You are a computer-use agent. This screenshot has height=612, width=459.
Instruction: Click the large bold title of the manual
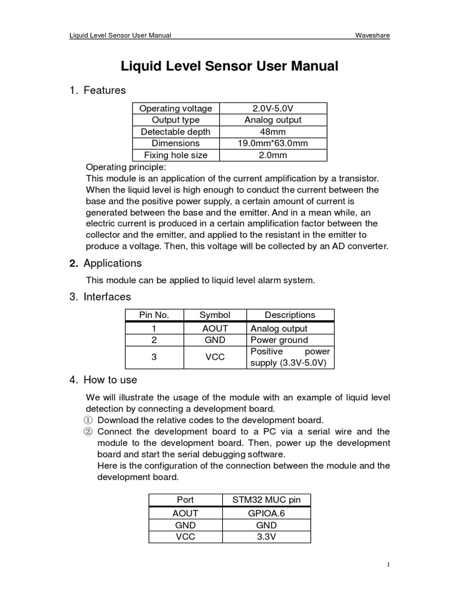229,66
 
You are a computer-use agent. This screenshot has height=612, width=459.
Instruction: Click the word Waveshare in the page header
372,35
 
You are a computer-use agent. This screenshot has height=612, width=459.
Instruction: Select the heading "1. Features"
98,91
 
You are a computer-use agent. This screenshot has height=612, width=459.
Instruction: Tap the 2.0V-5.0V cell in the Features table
273,108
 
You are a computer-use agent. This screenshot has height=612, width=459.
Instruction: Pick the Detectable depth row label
175,131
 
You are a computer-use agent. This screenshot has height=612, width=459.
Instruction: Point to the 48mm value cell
273,131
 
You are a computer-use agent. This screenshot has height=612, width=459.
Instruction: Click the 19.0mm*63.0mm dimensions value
273,143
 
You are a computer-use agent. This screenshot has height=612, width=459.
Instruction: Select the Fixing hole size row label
175,155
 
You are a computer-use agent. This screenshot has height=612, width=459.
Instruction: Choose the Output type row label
175,120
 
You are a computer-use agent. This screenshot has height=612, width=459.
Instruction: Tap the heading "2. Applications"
106,264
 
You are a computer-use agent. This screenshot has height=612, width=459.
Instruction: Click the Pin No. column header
154,315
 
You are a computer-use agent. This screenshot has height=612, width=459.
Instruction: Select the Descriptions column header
289,315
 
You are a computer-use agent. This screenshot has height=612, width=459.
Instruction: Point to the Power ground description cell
279,340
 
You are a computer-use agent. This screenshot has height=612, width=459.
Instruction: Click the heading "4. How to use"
103,380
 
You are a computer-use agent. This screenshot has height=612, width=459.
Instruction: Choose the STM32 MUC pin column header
266,500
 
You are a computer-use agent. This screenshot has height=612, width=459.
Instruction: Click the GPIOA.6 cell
266,513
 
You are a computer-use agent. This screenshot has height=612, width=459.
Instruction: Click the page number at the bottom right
388,564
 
